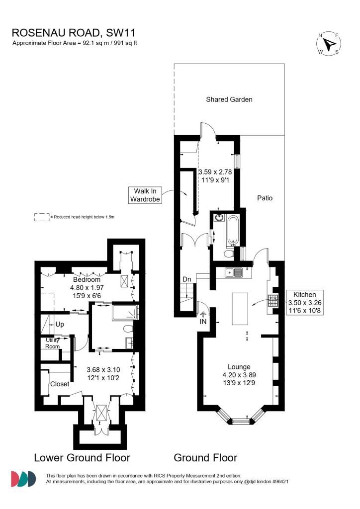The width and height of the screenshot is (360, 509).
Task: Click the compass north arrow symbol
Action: pyautogui.click(x=329, y=43)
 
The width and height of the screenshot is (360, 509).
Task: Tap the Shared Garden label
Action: pyautogui.click(x=229, y=99)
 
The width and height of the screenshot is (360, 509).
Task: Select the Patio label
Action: pyautogui.click(x=265, y=198)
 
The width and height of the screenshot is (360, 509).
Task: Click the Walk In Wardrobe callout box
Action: pyautogui.click(x=145, y=195)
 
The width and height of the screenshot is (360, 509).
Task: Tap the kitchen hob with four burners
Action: pyautogui.click(x=273, y=301)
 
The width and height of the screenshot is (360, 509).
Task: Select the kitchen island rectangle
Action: pyautogui.click(x=240, y=309)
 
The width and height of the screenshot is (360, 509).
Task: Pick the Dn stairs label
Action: pyautogui.click(x=186, y=279)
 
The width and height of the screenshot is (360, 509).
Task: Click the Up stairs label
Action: pyautogui.click(x=60, y=324)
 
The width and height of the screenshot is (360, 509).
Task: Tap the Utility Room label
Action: pyautogui.click(x=52, y=343)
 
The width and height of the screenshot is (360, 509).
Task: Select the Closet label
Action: pyautogui.click(x=60, y=384)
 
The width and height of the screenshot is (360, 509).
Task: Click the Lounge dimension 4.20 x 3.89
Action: pyautogui.click(x=239, y=375)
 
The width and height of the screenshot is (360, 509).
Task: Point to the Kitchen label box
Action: pyautogui.click(x=305, y=303)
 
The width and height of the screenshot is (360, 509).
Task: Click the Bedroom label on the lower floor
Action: pyautogui.click(x=87, y=279)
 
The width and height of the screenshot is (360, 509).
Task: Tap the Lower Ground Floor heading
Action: pyautogui.click(x=82, y=458)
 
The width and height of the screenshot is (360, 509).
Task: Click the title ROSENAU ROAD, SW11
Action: pyautogui.click(x=74, y=33)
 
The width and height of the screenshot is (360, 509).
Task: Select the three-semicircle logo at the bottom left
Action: pyautogui.click(x=23, y=479)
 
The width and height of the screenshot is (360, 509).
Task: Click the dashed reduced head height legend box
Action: pyautogui.click(x=42, y=217)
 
